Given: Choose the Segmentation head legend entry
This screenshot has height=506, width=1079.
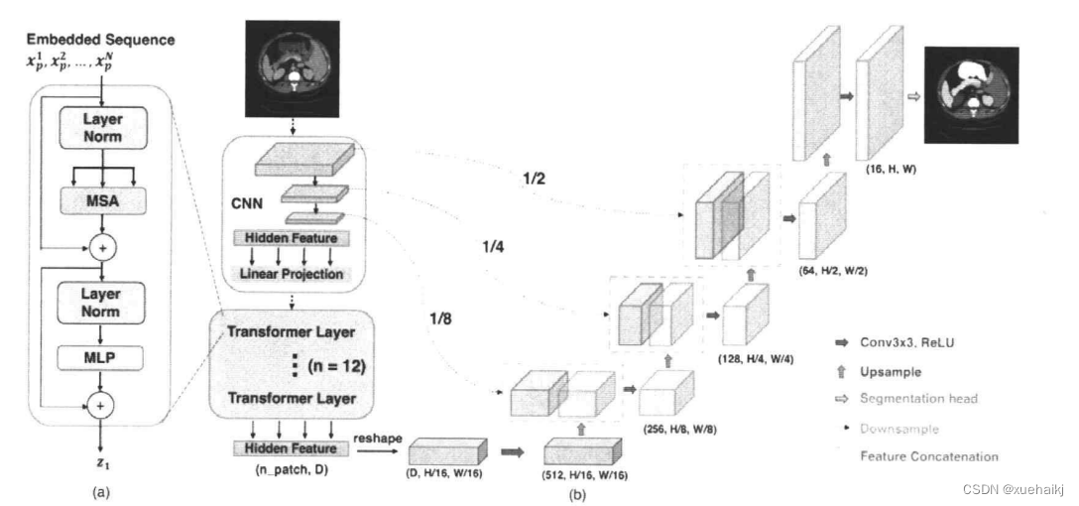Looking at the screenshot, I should pyautogui.click(x=918, y=398).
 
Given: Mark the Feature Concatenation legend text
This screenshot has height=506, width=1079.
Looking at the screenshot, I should pyautogui.click(x=927, y=456).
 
